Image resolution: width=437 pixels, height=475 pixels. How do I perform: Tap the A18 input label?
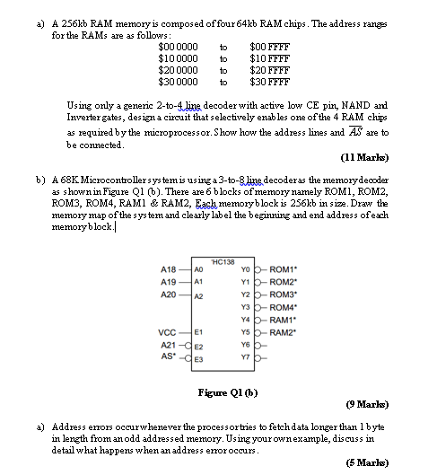coord(168,268)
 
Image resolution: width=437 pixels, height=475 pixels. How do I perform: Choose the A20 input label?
coord(168,294)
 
